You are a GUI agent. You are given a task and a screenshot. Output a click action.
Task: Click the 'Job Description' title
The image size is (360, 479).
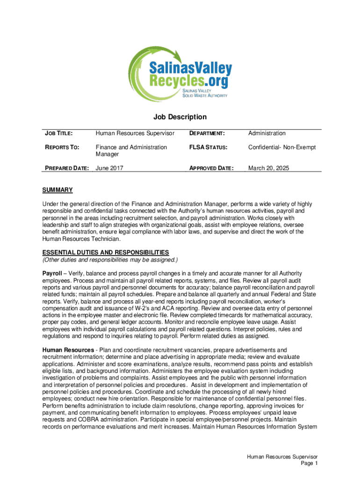tap(180, 117)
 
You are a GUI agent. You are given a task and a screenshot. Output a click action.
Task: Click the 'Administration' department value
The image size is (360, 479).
tap(267, 134)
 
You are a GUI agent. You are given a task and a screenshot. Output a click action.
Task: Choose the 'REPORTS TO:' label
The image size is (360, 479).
tap(60, 147)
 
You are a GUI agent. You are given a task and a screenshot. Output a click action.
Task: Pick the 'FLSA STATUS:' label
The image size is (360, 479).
tap(208, 147)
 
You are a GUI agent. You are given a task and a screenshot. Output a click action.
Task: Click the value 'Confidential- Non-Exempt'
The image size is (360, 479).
tap(282, 147)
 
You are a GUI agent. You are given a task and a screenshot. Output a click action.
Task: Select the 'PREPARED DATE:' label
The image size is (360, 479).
tap(65, 168)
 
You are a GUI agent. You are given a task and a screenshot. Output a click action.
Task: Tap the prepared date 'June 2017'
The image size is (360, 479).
tap(109, 168)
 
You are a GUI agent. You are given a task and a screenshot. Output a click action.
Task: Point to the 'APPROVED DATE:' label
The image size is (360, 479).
tap(211, 168)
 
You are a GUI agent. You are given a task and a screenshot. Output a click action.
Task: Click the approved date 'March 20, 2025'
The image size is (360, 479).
tap(269, 168)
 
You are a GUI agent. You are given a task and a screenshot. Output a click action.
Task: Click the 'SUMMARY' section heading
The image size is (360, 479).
tap(58, 190)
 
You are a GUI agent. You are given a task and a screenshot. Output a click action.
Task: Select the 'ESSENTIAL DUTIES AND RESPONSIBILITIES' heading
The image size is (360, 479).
tap(106, 253)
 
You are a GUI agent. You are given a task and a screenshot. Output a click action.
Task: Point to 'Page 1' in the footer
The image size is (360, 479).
tap(310, 463)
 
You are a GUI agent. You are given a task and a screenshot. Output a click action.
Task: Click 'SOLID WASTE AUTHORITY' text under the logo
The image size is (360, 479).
tap(205, 95)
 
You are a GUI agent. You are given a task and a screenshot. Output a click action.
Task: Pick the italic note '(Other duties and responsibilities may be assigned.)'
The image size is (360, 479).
tap(110, 260)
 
